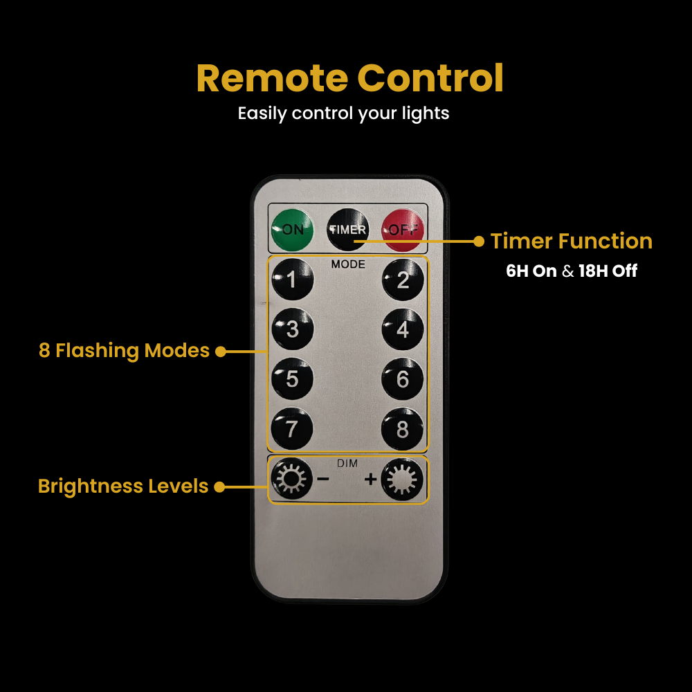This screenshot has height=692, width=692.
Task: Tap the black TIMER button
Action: click(348, 230)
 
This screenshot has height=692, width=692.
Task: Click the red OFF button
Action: click(403, 230)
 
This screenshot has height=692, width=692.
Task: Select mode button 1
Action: click(292, 280)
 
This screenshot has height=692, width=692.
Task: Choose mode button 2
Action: click(403, 280)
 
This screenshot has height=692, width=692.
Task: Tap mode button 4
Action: click(403, 329)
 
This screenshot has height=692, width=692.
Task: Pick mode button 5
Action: click(292, 379)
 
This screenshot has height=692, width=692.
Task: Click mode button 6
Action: click(403, 379)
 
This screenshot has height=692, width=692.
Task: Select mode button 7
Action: click(292, 428)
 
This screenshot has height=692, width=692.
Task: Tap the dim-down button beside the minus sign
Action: click(291, 479)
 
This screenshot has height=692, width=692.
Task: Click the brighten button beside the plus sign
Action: click(402, 480)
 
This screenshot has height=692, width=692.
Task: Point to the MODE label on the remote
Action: click(348, 264)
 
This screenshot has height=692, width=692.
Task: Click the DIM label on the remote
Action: click(347, 464)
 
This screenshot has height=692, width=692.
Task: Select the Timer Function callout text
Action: click(572, 241)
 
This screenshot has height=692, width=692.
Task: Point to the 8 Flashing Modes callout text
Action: click(124, 351)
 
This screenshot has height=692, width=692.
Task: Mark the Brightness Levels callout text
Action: click(123, 486)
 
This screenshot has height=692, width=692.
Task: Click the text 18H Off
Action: click(608, 271)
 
